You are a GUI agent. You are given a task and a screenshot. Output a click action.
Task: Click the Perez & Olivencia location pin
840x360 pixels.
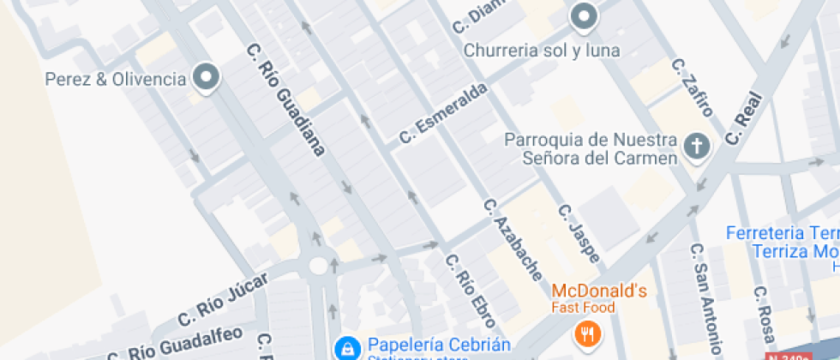coord(207,79)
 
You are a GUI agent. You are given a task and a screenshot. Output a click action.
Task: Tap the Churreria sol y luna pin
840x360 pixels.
coord(584,16)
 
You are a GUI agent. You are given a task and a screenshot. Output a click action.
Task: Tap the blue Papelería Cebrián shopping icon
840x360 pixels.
coord(346,347)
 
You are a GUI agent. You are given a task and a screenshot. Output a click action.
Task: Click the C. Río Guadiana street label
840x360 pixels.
coord(285,99)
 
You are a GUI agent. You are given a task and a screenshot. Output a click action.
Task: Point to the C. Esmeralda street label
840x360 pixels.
coord(443,113)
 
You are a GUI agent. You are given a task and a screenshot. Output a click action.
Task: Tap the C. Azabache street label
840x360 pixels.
coord(513,241)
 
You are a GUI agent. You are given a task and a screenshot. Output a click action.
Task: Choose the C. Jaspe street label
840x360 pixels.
coord(579,234)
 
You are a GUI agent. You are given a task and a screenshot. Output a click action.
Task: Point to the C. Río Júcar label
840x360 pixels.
coord(223,299)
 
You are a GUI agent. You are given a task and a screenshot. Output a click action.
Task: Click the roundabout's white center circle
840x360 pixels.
coord(319,266)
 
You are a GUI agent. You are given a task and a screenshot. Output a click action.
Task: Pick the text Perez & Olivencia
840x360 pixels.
coord(115,80)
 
